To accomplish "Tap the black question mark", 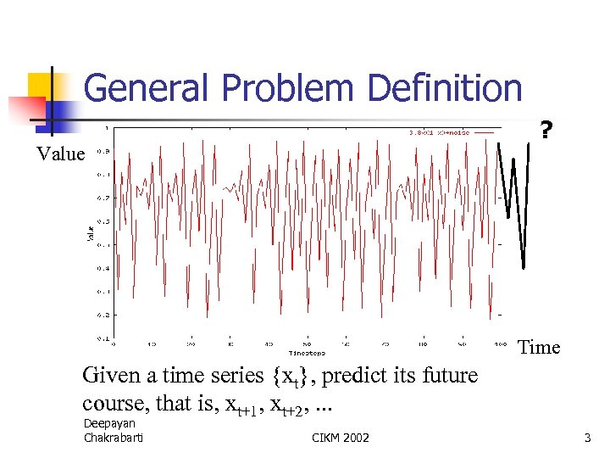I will (546, 131).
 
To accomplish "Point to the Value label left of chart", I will (60, 154).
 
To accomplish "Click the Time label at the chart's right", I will (539, 347).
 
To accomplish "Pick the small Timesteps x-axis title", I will (307, 350).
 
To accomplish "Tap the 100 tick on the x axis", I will (501, 343).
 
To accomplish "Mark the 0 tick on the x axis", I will (114, 343).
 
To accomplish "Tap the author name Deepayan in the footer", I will (109, 423).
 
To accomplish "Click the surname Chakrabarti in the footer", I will (114, 437).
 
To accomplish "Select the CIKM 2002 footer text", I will (341, 437).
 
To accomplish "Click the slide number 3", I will (586, 437).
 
